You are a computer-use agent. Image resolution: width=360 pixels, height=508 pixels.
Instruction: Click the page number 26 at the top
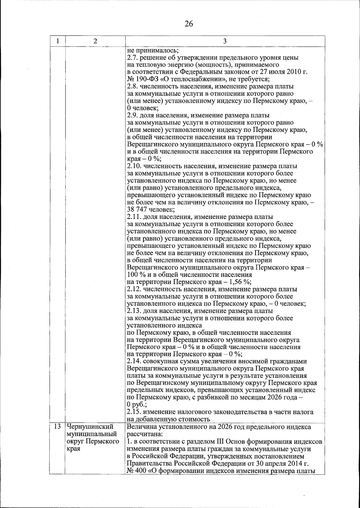(x=189, y=24)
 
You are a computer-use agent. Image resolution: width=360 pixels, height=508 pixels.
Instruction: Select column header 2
(x=95, y=41)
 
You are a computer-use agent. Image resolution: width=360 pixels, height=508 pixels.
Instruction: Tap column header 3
(x=225, y=41)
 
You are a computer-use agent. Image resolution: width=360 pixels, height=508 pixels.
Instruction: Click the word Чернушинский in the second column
(x=90, y=426)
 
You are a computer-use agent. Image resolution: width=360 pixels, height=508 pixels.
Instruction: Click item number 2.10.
(x=134, y=166)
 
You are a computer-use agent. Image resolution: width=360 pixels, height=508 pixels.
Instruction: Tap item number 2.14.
(x=134, y=362)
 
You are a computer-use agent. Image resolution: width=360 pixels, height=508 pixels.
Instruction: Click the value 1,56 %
(x=240, y=282)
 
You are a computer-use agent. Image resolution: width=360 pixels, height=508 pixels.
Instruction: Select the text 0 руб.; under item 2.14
(x=135, y=405)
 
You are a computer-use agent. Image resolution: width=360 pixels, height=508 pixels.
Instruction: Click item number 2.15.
(x=134, y=412)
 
